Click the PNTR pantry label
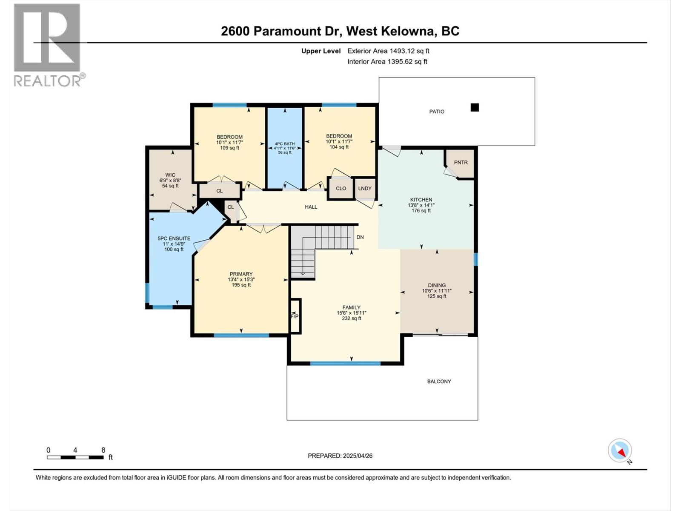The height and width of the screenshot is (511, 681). tap(461, 162)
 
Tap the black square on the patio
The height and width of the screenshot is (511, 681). tap(475, 108)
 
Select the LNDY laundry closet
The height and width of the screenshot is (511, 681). tap(365, 188)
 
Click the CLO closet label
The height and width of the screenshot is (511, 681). tap(341, 188)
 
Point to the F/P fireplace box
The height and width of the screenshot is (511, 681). tap(295, 316)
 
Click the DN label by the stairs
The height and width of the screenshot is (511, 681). tap(360, 237)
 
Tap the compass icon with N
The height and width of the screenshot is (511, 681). tap(620, 451)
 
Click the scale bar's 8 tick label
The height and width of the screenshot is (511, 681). tap(103, 450)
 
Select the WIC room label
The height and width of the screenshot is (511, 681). tap(170, 175)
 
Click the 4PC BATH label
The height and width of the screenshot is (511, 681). tap(284, 144)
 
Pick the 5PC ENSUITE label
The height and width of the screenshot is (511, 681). tap(174, 238)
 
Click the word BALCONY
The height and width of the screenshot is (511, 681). tap(439, 382)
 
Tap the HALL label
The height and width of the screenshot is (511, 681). tap(311, 207)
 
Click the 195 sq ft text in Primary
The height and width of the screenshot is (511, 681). tap(241, 285)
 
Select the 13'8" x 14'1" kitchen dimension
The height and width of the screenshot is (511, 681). tap(421, 205)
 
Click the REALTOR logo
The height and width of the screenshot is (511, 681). tap(48, 45)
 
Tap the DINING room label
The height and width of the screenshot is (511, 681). tap(437, 285)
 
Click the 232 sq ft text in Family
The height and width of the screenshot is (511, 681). tap(351, 318)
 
